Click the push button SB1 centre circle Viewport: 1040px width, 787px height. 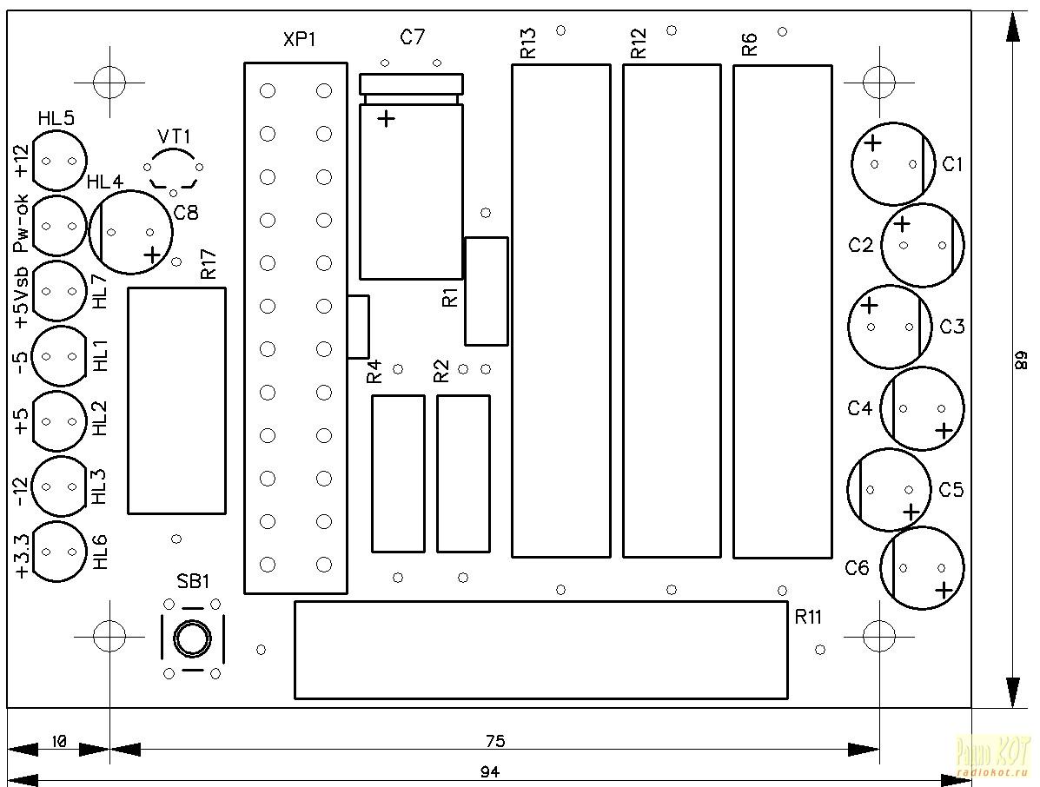[x=192, y=639]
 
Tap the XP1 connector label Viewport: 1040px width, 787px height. [x=300, y=41]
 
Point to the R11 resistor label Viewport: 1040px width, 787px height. [x=808, y=617]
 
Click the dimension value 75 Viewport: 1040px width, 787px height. [x=494, y=741]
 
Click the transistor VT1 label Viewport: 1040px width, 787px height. [x=174, y=136]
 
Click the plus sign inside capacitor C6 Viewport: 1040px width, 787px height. [x=944, y=590]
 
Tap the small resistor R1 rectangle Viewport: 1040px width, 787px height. [x=486, y=291]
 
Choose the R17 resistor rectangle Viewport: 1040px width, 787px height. [x=176, y=400]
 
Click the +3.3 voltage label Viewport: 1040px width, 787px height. [x=22, y=556]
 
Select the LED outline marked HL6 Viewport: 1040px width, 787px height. [x=59, y=552]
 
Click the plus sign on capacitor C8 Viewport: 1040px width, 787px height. [x=153, y=255]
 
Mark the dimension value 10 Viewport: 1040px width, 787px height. [x=59, y=741]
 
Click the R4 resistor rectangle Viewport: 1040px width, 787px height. [x=398, y=473]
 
